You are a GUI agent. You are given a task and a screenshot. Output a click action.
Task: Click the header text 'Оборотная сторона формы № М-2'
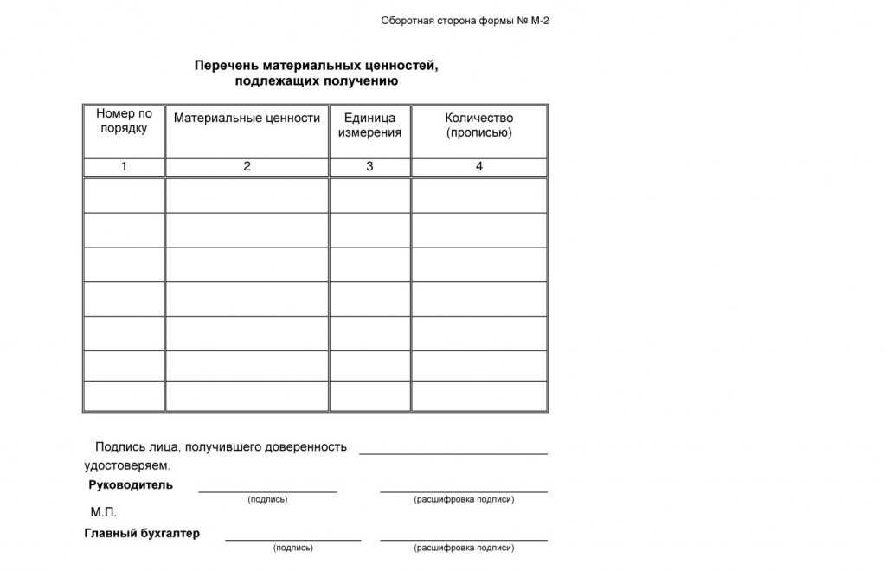click(465, 21)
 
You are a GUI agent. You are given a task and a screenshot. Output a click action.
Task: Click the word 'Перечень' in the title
click(223, 66)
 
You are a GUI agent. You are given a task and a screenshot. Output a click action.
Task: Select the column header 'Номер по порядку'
click(124, 121)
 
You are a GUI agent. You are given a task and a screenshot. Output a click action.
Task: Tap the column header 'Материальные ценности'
click(247, 119)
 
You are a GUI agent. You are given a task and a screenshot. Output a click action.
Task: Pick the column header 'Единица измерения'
click(369, 125)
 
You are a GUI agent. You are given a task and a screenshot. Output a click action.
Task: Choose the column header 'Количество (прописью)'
click(478, 125)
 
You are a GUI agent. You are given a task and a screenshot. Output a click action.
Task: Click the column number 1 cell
click(124, 167)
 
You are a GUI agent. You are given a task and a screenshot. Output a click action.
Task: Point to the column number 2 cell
click(247, 167)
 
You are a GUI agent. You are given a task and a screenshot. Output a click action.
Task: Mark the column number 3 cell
click(369, 167)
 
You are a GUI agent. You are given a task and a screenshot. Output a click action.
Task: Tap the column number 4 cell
click(478, 167)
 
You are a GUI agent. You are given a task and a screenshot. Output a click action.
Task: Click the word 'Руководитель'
click(131, 485)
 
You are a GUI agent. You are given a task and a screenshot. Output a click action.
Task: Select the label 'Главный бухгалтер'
click(142, 534)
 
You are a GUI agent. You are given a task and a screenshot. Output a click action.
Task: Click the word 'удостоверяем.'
click(127, 465)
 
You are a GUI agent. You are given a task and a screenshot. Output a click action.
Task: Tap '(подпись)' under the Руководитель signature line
click(267, 500)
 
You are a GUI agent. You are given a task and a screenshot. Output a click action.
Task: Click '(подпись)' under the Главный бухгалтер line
click(293, 549)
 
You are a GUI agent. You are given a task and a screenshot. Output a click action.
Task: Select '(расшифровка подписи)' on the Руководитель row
click(464, 500)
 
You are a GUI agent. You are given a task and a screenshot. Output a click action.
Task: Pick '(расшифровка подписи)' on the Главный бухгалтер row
click(464, 549)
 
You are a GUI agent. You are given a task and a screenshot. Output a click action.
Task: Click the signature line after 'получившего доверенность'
click(453, 453)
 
